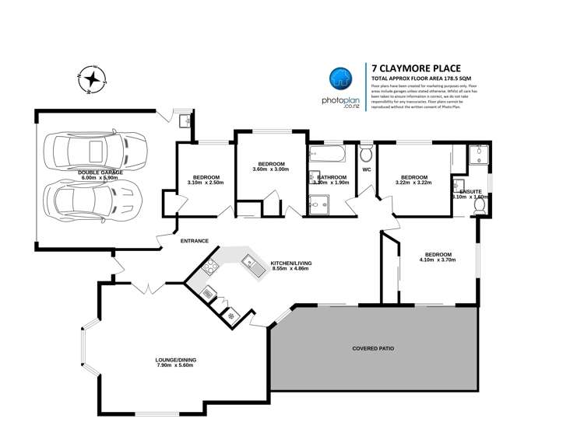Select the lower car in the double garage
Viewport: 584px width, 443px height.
pyautogui.click(x=95, y=201)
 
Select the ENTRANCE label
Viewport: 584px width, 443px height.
pyautogui.click(x=194, y=241)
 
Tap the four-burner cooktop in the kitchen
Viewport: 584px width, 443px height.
pyautogui.click(x=209, y=269)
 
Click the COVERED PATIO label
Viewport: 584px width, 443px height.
pyautogui.click(x=373, y=349)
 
